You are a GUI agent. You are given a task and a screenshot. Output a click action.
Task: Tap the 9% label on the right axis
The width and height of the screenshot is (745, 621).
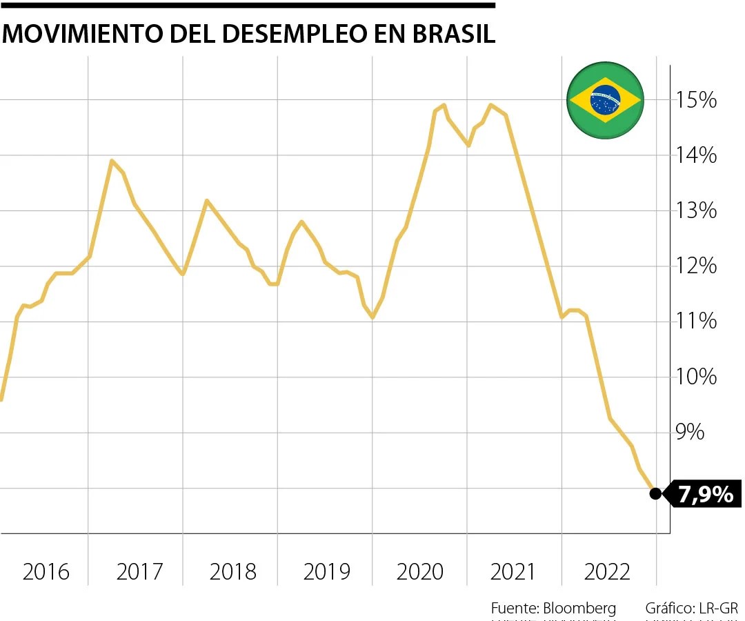click(690, 433)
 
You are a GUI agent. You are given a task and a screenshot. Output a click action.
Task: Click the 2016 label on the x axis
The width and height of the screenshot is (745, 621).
click(46, 572)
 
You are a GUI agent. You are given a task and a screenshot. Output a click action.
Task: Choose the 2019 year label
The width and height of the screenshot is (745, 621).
click(326, 572)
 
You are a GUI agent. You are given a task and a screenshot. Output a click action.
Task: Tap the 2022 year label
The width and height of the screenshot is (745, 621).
click(607, 572)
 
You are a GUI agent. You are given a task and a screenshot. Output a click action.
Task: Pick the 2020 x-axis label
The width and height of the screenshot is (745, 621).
click(420, 572)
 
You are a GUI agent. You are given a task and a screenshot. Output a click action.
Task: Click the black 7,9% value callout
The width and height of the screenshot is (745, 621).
click(705, 494)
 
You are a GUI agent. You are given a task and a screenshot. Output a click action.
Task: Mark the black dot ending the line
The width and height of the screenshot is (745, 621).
click(655, 493)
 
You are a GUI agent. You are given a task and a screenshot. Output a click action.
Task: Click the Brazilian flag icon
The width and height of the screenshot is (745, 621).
click(605, 101)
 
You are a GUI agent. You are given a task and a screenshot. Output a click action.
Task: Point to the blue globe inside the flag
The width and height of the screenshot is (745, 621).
click(605, 101)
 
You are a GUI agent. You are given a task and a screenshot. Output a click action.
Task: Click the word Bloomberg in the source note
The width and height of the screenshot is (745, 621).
click(579, 608)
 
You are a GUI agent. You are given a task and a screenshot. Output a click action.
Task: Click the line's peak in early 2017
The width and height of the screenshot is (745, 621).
click(111, 161)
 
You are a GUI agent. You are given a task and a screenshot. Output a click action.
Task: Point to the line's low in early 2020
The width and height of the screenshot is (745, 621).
click(372, 317)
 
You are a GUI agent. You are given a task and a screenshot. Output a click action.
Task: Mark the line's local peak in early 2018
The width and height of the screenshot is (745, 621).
click(206, 201)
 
